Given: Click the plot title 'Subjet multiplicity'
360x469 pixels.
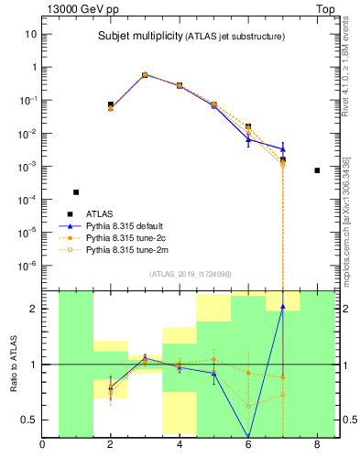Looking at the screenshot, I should tap(138, 37).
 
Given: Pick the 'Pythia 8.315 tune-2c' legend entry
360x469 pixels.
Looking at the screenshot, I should tap(130, 237).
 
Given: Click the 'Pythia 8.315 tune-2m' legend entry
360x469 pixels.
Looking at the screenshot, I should tap(130, 249).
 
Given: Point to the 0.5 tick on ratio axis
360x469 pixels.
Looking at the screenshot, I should tap(27, 420).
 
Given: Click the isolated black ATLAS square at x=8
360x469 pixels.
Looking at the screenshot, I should tap(317, 170).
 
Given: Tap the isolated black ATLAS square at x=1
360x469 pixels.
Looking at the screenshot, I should tap(76, 192).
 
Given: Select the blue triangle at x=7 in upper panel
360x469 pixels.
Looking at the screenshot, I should tap(283, 148).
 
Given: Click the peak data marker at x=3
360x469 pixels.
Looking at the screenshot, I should tap(145, 75).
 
